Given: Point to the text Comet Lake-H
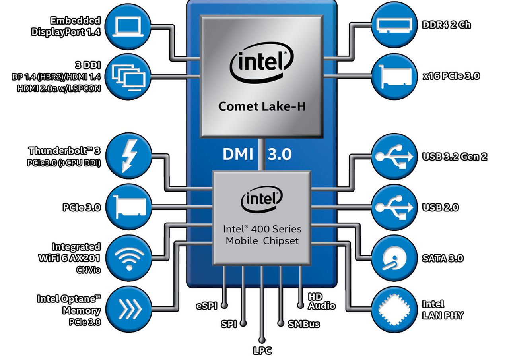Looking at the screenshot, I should [x=262, y=106].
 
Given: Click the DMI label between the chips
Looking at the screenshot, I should [x=238, y=154].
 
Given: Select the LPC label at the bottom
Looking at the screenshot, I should [x=262, y=351].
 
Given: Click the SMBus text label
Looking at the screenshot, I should [x=304, y=324].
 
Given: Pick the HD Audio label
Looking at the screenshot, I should [x=321, y=302].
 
